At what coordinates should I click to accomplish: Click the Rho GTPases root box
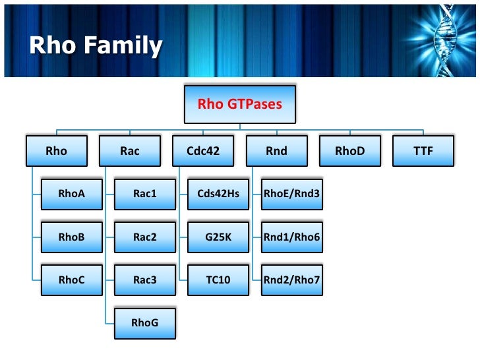[x=240, y=104]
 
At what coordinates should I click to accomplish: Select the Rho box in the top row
[x=57, y=151]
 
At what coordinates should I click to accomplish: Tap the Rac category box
[x=130, y=151]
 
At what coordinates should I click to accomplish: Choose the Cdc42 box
[x=203, y=151]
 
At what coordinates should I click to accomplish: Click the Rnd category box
[x=276, y=151]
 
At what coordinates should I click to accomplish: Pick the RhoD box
[x=349, y=151]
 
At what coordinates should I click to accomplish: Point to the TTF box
[x=423, y=151]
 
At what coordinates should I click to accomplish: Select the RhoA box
[x=71, y=194]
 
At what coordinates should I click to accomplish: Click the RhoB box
[x=71, y=237]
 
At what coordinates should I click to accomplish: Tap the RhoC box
[x=71, y=280]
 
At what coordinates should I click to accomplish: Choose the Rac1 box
[x=144, y=194]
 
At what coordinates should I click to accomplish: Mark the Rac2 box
[x=144, y=237]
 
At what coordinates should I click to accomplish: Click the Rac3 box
[x=144, y=280]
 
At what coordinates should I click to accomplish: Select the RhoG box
[x=144, y=322]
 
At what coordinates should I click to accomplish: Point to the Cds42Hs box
[x=218, y=194]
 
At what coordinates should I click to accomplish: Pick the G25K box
[x=218, y=237]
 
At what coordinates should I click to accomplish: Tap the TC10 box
[x=218, y=280]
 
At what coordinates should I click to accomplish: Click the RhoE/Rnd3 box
[x=291, y=194]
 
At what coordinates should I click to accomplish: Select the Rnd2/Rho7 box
[x=291, y=280]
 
